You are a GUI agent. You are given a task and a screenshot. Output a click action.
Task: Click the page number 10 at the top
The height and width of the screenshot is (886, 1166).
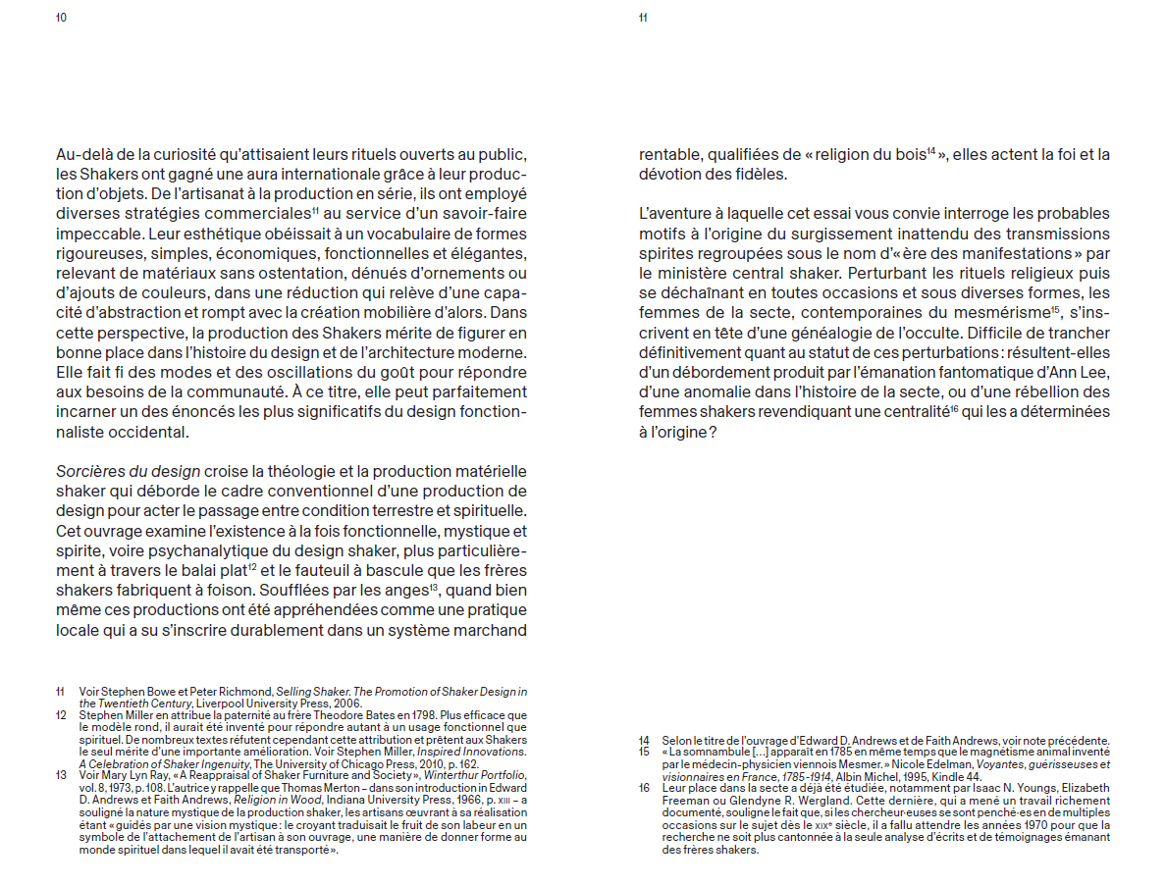61,18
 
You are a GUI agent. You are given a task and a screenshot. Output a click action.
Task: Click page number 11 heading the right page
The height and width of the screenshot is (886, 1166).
643,18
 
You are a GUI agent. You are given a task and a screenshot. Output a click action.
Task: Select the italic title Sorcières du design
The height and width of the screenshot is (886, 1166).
129,471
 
